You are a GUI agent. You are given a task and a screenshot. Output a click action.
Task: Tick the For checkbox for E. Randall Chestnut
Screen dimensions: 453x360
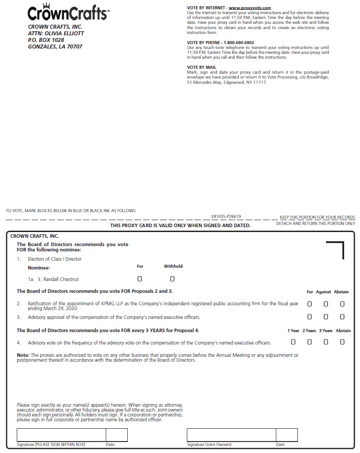[x=140, y=279]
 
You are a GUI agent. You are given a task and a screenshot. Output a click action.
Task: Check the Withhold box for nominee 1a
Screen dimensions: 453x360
[x=172, y=279]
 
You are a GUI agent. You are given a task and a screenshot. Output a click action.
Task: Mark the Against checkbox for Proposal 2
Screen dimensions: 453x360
[x=326, y=304]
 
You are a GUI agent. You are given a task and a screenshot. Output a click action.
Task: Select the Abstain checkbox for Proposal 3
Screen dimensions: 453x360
[x=342, y=317]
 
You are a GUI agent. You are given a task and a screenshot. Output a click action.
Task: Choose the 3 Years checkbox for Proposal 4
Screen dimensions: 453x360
[x=326, y=342]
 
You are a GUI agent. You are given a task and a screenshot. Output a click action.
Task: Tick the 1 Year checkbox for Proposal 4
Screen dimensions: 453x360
[x=293, y=342]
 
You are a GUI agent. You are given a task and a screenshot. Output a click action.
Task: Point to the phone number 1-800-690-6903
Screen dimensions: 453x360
[x=236, y=43]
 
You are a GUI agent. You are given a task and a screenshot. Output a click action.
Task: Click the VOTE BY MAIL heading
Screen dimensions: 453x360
[x=202, y=67]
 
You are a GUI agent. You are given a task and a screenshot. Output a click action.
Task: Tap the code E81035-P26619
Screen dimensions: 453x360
[x=226, y=217]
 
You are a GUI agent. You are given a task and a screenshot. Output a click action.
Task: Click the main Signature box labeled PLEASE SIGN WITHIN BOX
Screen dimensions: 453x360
[x=61, y=435]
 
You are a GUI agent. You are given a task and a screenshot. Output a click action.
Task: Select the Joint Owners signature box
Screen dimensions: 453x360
[x=231, y=435]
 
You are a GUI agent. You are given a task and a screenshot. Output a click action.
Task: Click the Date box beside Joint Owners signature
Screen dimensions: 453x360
[x=287, y=435]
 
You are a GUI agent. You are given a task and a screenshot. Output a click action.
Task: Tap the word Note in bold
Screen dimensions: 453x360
[x=22, y=355]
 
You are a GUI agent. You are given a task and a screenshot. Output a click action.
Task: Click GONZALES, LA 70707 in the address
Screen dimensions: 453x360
[x=55, y=46]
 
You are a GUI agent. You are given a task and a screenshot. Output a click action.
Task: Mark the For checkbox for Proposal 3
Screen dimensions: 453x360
[x=309, y=317]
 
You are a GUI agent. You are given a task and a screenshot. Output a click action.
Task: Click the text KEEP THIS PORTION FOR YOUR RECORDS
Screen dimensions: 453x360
[x=317, y=217]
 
